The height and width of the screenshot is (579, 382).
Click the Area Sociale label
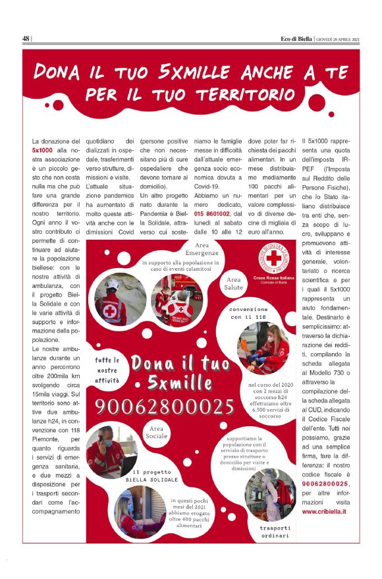(x=157, y=433)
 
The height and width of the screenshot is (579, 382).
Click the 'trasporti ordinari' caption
(x=274, y=532)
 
